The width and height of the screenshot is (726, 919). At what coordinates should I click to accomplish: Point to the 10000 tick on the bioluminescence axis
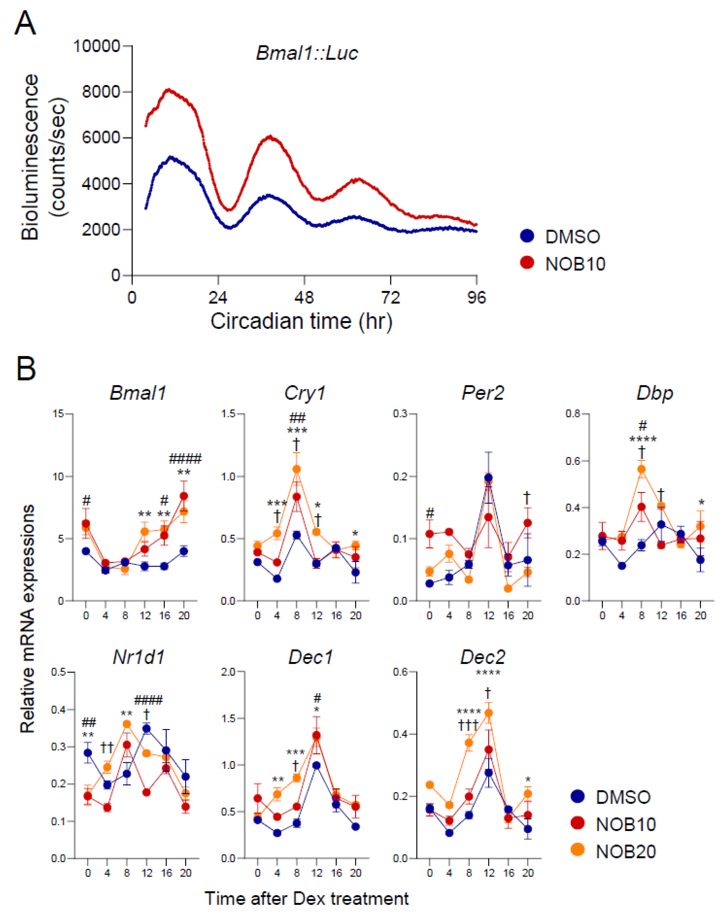pos(97,46)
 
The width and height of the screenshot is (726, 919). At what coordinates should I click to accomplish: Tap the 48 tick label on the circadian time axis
pos(304,298)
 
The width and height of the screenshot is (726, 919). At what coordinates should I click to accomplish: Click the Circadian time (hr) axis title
pos(301,321)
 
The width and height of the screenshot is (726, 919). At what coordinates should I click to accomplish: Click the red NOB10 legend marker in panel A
pos(527,263)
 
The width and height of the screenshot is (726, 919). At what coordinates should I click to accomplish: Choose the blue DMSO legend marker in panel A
pos(527,236)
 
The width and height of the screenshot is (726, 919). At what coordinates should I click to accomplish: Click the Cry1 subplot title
pos(305,393)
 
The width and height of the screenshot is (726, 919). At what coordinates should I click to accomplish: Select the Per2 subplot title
pos(483,393)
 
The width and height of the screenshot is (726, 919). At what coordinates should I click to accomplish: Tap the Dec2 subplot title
pos(483,657)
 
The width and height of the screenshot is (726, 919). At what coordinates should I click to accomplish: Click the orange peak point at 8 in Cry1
pos(297,469)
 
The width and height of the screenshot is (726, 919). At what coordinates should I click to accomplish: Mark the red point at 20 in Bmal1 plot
pos(184,496)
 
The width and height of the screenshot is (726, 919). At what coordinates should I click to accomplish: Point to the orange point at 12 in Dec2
pos(488,713)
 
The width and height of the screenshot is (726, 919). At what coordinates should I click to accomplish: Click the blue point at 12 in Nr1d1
pos(147,728)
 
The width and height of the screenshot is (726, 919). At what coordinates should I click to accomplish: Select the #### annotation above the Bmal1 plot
pos(185,459)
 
